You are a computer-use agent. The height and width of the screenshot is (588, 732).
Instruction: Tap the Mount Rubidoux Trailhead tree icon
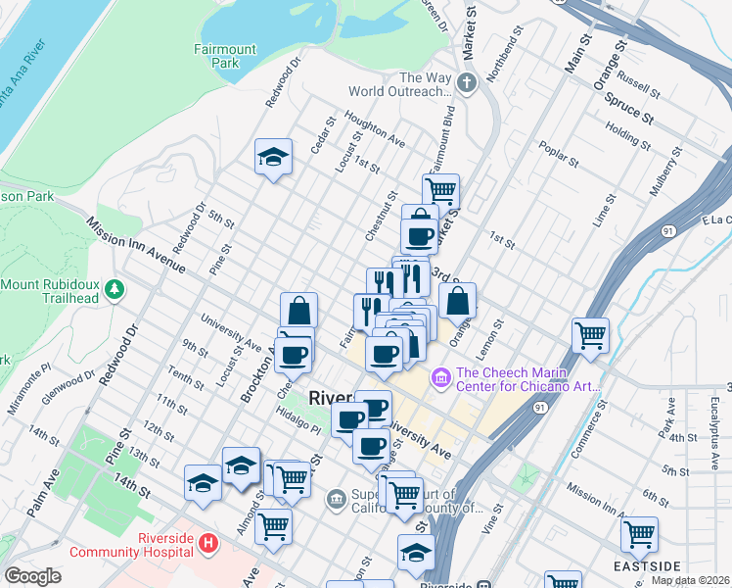tap(115, 289)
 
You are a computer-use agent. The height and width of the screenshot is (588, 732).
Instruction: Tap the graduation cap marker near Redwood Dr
tap(274, 158)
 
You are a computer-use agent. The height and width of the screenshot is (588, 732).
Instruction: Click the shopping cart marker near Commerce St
tap(590, 336)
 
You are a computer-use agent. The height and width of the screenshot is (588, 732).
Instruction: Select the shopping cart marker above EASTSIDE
tap(639, 535)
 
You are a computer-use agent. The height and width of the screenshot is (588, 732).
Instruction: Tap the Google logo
tap(32, 575)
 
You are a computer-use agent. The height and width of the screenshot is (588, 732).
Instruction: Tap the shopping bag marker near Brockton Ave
tap(298, 311)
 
